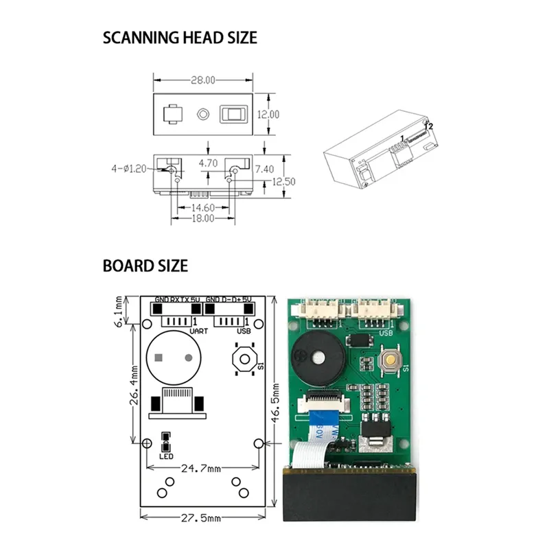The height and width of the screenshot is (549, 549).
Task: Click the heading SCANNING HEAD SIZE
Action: pos(180,37)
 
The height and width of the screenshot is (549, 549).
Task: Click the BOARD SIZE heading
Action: pos(145,266)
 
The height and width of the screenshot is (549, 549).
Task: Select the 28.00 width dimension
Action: pos(202,80)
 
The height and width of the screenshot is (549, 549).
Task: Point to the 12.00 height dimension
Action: pos(268,115)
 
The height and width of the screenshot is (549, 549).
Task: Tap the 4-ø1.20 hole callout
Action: pos(128,167)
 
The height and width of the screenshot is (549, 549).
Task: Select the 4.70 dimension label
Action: pos(208,163)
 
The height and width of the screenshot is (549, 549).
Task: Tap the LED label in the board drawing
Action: pos(165,456)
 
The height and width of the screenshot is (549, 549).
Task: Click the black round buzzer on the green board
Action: pos(315,355)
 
